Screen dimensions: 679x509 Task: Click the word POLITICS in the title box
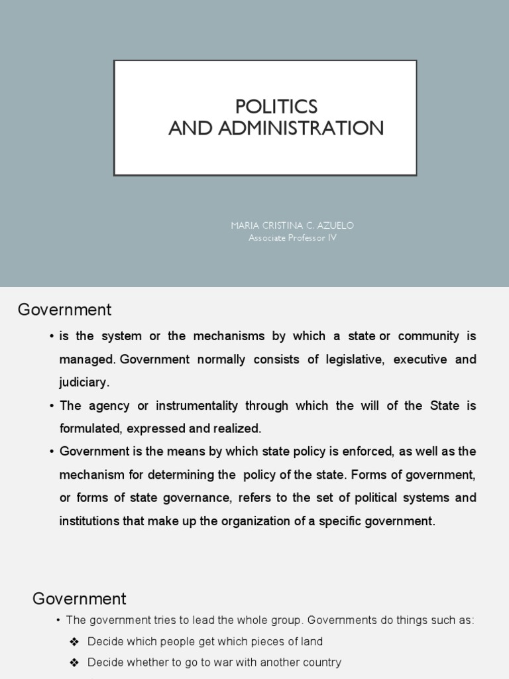[x=276, y=106]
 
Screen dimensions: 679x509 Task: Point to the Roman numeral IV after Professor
[x=332, y=237]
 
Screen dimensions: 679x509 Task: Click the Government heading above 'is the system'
[x=64, y=310]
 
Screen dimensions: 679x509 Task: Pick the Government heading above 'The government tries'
[x=79, y=599]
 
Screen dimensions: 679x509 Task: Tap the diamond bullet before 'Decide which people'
[x=74, y=641]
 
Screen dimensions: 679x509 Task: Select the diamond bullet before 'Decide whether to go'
[x=74, y=662]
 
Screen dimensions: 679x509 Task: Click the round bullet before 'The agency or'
[x=51, y=405]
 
